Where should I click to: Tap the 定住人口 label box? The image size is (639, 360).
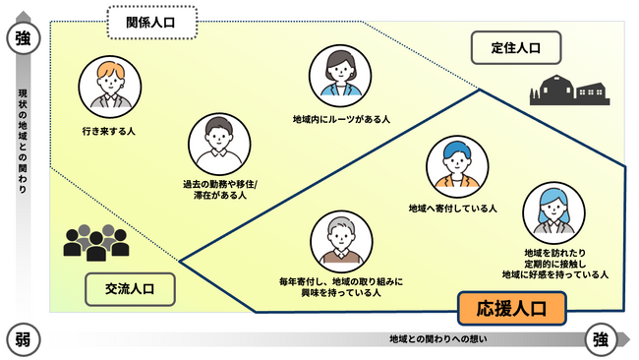pos(515,46)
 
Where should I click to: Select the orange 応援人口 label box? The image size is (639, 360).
pos(511,309)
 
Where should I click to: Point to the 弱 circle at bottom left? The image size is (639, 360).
pos(23,340)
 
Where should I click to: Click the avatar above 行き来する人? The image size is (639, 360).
pos(109,86)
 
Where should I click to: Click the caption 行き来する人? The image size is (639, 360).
pos(109,130)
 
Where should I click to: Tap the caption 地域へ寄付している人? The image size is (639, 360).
pos(452,210)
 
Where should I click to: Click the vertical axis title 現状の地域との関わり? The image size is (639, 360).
pos(23,139)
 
